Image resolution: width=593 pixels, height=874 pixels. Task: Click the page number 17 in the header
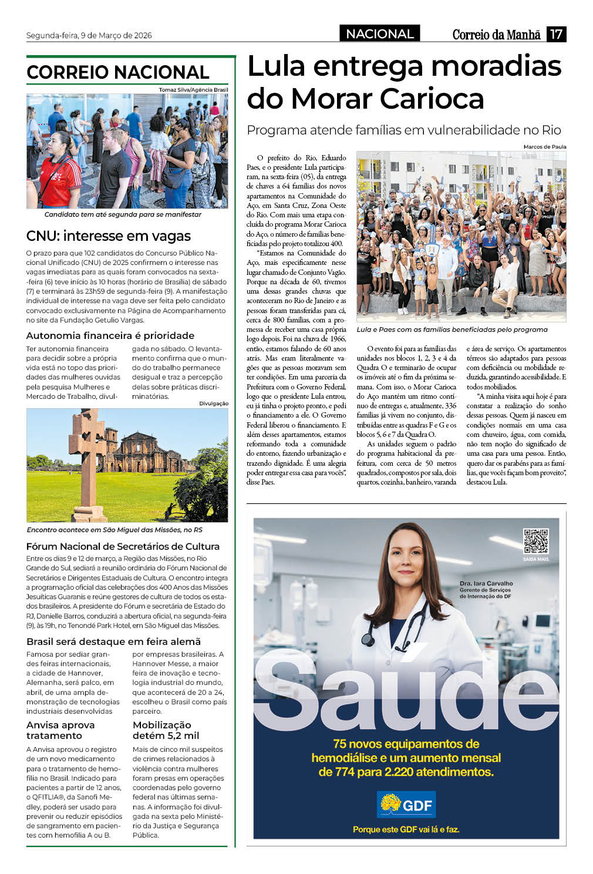pos(556,34)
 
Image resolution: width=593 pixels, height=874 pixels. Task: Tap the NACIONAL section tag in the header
pos(379,34)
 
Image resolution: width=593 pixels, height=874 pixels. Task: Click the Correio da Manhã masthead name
pos(496,35)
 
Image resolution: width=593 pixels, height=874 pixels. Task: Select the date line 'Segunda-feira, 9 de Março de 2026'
pos(89,35)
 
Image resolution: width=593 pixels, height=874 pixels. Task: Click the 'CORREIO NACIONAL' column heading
pos(118,72)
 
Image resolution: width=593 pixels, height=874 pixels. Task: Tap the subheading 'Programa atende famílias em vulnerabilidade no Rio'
pos(404,130)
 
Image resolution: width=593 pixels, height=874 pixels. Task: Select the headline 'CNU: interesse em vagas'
pos(109,236)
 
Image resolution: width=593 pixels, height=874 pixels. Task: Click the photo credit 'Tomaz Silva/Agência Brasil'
pos(193,90)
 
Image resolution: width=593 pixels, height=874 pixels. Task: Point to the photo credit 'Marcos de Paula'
pos(544,147)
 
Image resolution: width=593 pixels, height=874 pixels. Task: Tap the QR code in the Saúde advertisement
pos(535,541)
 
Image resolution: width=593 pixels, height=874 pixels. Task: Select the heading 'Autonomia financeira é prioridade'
pos(110,335)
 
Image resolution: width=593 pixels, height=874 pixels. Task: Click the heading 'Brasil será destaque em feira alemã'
pos(114,641)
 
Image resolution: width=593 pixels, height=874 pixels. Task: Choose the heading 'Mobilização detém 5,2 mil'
pos(166,730)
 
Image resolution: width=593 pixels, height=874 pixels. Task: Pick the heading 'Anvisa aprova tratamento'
pos(60,730)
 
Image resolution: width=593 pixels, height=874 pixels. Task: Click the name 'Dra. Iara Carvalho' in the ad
pos(486,583)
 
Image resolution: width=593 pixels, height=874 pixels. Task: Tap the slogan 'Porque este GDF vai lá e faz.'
pos(406,829)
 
